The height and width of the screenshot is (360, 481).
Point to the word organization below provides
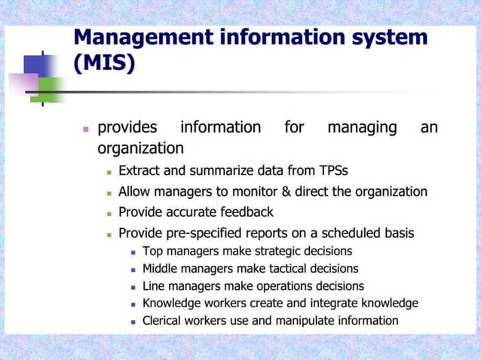[x=140, y=148]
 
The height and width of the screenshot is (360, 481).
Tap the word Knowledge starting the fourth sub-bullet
[x=173, y=304]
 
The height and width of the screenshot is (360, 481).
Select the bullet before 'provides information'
[x=85, y=128]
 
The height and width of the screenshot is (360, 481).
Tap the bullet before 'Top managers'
[x=133, y=252]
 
